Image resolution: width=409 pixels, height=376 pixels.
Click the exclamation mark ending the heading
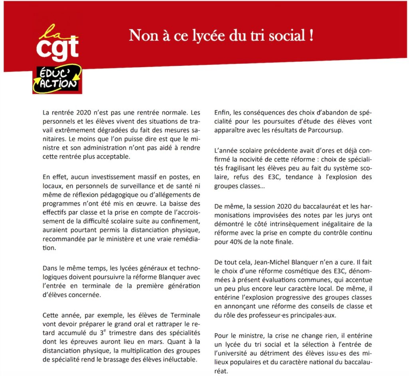point(310,36)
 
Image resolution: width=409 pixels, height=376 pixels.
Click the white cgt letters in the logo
point(57,48)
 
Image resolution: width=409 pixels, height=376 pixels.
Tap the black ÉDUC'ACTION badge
point(57,79)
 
